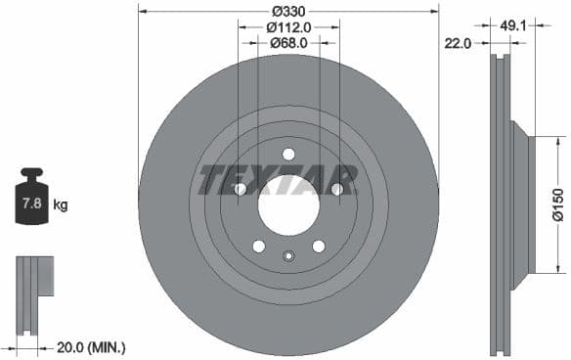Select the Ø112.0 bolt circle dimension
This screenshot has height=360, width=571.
[288, 27]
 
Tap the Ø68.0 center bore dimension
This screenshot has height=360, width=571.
[288, 43]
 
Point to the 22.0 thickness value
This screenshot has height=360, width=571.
[458, 43]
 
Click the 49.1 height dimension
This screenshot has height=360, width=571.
[513, 27]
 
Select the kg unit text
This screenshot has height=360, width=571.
[61, 205]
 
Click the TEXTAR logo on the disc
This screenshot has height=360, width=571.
[278, 181]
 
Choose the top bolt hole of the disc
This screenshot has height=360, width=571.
[288, 154]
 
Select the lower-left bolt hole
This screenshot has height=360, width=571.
[258, 247]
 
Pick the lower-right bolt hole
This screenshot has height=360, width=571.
[319, 247]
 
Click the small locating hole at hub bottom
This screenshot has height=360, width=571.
[288, 256]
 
